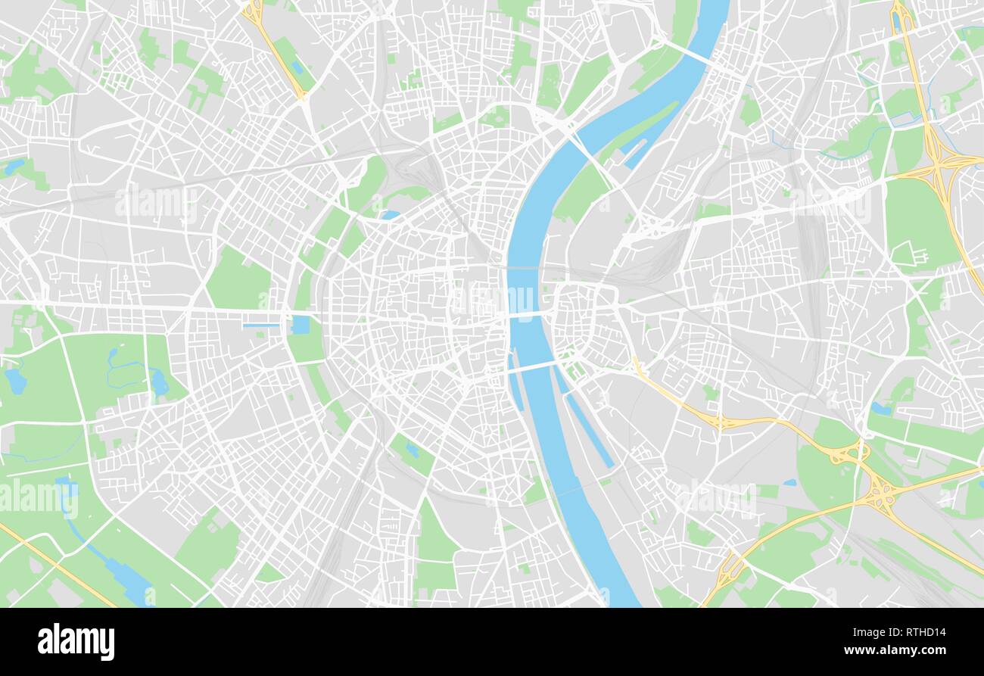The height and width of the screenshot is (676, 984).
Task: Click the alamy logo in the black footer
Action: coord(76,641)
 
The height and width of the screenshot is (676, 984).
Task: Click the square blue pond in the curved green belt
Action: coord(300,325)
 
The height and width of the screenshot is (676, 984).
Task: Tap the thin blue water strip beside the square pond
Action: coord(261,326)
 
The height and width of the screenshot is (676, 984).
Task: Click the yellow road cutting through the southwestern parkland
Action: coord(57,564)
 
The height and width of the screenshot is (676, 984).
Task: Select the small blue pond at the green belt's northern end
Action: coord(391,215)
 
